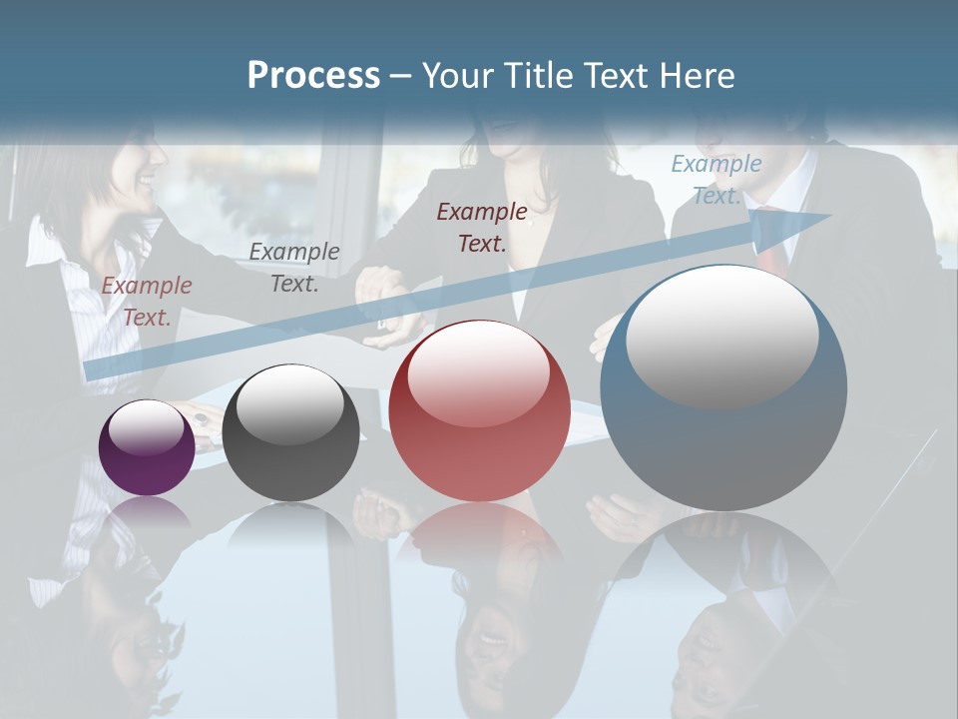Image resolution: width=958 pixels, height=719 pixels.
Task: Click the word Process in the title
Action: (x=313, y=76)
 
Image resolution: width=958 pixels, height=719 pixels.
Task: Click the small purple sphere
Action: (x=147, y=447)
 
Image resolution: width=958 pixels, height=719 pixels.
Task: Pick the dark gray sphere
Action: (x=290, y=433)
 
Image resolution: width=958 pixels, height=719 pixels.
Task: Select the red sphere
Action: (x=479, y=411)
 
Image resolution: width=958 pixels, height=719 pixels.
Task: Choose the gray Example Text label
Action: (x=294, y=268)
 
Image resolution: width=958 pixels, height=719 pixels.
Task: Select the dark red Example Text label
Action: (x=482, y=227)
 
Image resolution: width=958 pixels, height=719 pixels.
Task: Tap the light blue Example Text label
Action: (x=716, y=180)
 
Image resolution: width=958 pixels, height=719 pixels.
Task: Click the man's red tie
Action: (x=770, y=250)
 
